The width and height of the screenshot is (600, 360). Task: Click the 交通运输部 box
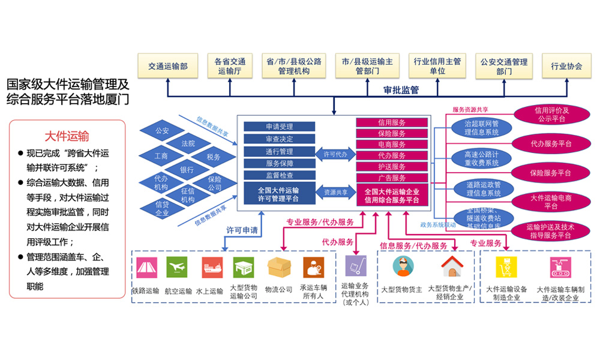[167, 66]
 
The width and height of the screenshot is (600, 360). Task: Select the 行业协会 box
[566, 66]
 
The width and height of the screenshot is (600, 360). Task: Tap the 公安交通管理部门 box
[504, 66]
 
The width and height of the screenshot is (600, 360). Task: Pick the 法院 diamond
[188, 143]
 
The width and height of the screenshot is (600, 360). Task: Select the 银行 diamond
[188, 170]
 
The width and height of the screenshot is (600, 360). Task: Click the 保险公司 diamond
[214, 183]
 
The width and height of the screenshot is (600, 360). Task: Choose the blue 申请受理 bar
[279, 127]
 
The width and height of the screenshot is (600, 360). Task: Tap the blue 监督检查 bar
[279, 175]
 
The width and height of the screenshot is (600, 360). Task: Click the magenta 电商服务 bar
[392, 145]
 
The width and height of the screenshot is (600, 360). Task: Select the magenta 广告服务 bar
[392, 178]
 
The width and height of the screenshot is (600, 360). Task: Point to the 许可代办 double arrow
[335, 153]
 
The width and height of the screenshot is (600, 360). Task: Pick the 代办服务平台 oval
[551, 144]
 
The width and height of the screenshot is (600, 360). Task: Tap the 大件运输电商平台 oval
[551, 202]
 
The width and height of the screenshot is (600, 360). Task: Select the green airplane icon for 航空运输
[177, 266]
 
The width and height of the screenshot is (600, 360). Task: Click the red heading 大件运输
[67, 135]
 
